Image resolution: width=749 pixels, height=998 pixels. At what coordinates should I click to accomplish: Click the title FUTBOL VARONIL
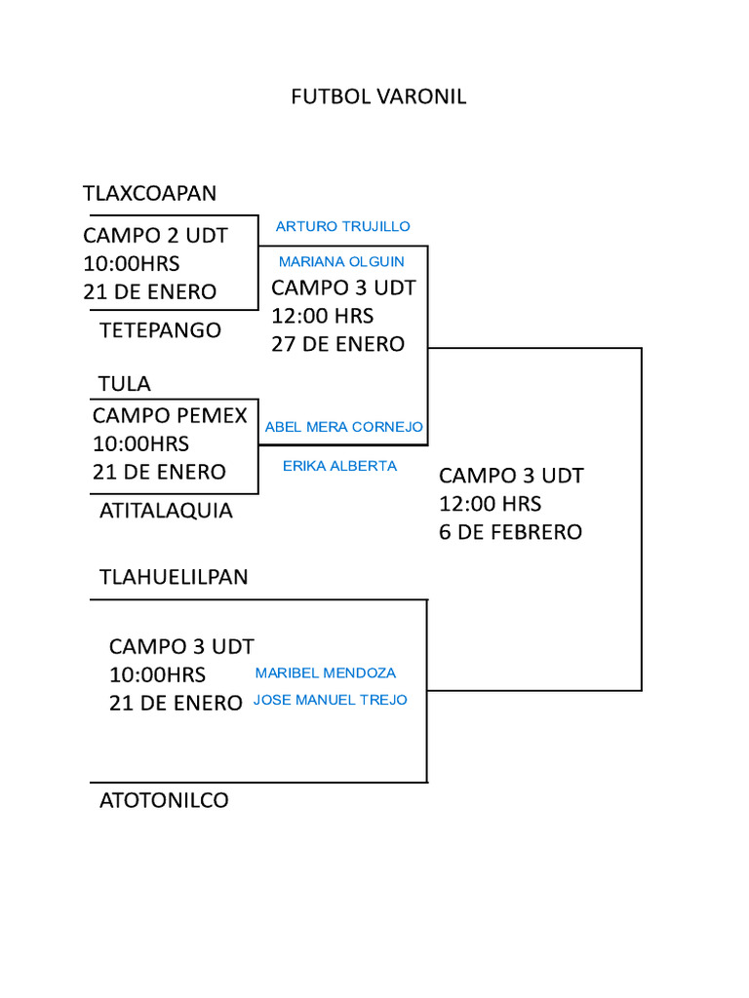(x=378, y=96)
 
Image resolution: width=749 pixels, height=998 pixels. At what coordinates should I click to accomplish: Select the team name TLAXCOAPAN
(x=149, y=193)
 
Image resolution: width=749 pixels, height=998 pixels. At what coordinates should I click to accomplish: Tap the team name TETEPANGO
(x=160, y=329)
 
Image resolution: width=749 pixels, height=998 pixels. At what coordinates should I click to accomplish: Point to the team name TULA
(x=125, y=383)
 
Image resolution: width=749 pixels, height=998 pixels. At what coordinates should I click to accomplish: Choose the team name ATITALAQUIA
(x=166, y=510)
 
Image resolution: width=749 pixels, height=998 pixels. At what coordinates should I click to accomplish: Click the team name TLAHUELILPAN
(x=174, y=577)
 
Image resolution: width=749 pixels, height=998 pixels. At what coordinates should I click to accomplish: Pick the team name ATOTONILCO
(x=164, y=800)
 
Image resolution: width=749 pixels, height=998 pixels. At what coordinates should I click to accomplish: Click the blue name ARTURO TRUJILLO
(x=342, y=226)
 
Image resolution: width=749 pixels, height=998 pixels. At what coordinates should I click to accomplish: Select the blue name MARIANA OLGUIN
(x=341, y=261)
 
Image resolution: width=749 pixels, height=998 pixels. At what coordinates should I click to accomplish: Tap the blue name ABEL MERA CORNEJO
(x=343, y=427)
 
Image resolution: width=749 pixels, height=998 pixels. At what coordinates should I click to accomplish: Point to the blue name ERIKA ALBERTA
(x=339, y=466)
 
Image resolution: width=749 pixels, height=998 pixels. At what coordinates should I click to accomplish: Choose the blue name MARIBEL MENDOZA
(x=326, y=672)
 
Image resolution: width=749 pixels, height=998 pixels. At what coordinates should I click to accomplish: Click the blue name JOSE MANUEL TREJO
(x=330, y=700)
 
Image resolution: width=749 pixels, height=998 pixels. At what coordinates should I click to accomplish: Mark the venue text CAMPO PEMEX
(x=170, y=415)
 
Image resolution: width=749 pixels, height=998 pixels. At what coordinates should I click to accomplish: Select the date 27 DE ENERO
(x=337, y=344)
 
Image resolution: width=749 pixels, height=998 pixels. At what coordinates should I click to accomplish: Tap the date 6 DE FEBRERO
(x=510, y=532)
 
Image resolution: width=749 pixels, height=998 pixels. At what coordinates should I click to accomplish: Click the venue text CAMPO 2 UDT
(x=155, y=235)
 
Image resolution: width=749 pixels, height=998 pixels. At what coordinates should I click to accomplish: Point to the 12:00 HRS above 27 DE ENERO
(x=322, y=316)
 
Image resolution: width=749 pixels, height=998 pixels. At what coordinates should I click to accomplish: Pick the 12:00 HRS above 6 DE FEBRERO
(x=490, y=504)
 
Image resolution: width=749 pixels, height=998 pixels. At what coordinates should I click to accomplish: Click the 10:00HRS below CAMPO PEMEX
(x=140, y=443)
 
